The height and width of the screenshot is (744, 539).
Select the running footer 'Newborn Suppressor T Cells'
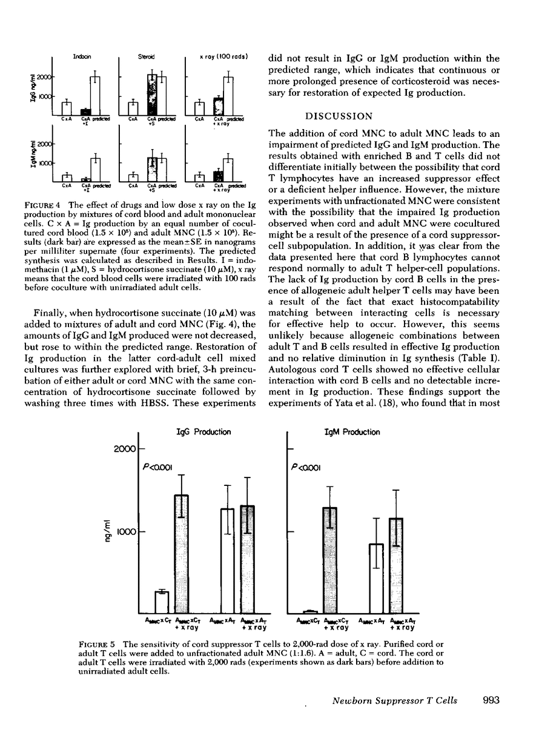(395, 701)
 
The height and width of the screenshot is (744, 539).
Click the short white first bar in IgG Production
(162, 602)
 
